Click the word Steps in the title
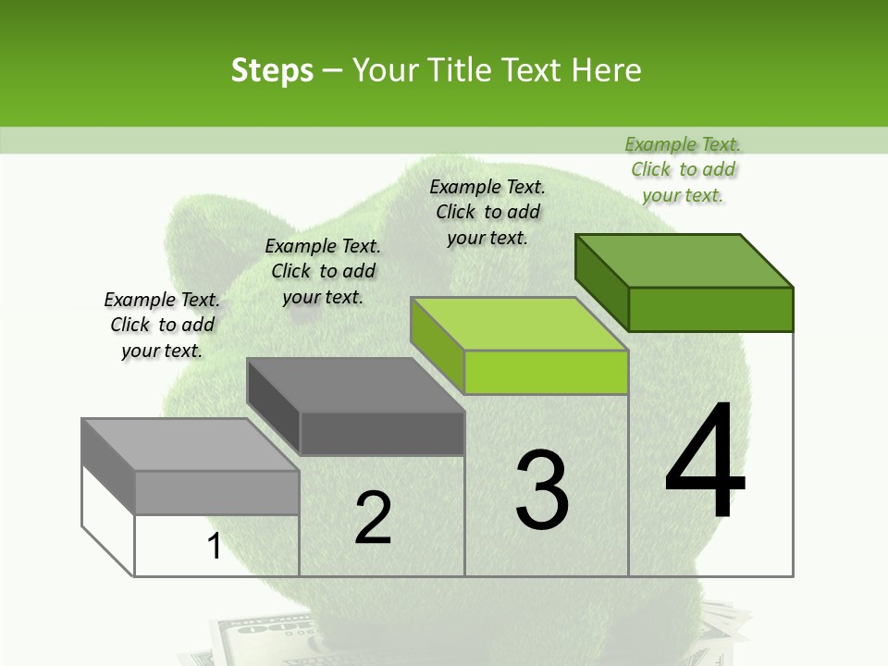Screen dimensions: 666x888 [x=272, y=70]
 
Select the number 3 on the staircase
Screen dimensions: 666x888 [x=542, y=490]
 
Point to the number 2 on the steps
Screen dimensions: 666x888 [x=374, y=518]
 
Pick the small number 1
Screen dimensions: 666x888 [x=214, y=547]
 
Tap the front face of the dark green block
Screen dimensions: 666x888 [x=710, y=309]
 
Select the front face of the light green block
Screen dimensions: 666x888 [x=546, y=372]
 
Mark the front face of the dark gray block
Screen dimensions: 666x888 [x=382, y=433]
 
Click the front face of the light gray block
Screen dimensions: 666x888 [x=217, y=492]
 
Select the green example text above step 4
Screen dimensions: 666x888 [x=683, y=169]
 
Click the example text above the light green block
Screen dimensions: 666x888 [x=487, y=212]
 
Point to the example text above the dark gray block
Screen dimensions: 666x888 [x=323, y=271]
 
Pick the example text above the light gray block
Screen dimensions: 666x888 [x=162, y=325]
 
